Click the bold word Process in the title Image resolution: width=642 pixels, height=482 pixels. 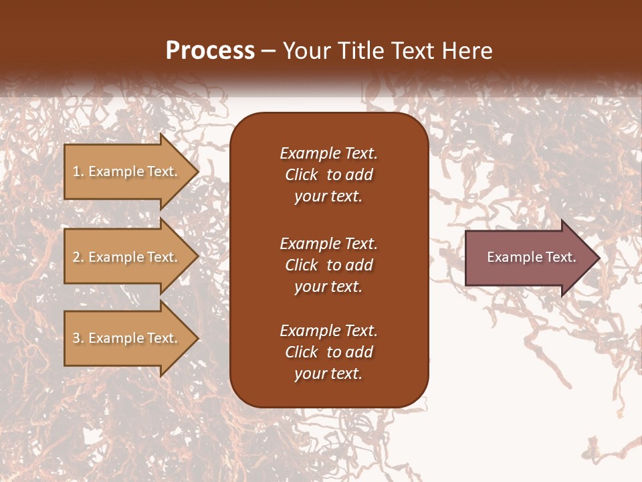coord(210,51)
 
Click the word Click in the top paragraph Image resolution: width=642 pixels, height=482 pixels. coord(302,175)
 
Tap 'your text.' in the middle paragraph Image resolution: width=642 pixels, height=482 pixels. coord(328,287)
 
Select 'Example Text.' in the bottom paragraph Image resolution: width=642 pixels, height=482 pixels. coord(328,331)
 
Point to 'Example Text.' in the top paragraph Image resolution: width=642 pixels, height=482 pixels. coord(328,153)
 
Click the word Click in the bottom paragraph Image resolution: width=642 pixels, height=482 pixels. coord(302,352)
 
